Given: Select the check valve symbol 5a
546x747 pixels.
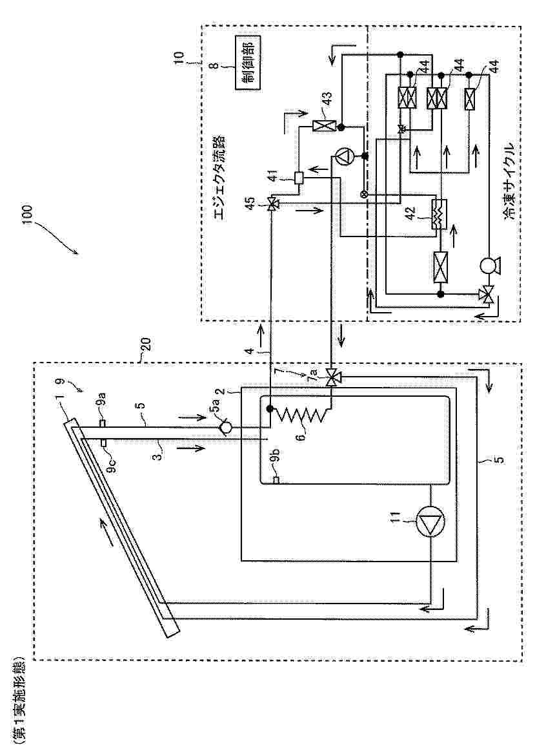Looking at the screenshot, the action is click(225, 428).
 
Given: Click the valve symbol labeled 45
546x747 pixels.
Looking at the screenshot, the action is click(272, 205).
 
